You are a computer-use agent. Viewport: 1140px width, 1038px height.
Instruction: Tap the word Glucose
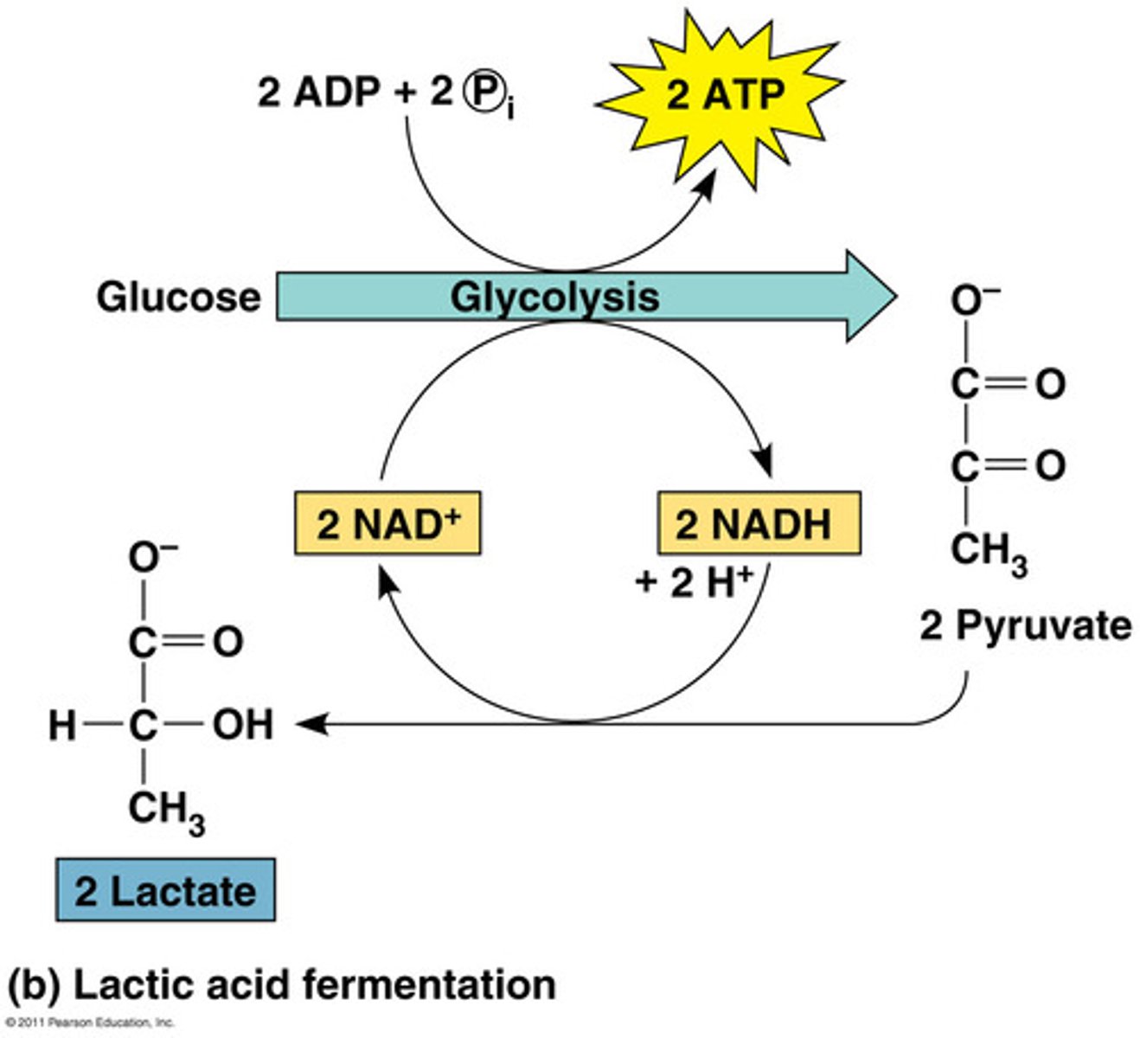pyautogui.click(x=178, y=297)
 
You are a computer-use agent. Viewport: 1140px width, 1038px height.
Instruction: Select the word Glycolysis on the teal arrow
pyautogui.click(x=554, y=297)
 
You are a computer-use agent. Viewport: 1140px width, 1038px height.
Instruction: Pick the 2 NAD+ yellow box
pyautogui.click(x=387, y=523)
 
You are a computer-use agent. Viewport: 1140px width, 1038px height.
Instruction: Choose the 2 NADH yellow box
pyautogui.click(x=759, y=523)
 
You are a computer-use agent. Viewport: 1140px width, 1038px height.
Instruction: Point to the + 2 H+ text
pyautogui.click(x=693, y=581)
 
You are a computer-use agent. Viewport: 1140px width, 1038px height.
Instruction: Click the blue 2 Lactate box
pyautogui.click(x=165, y=890)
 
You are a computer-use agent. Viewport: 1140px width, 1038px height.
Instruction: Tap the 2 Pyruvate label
pyautogui.click(x=1025, y=625)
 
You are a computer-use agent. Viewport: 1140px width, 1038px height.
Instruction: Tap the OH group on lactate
pyautogui.click(x=243, y=724)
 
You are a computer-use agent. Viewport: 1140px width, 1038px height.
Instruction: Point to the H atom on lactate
pyautogui.click(x=62, y=725)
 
